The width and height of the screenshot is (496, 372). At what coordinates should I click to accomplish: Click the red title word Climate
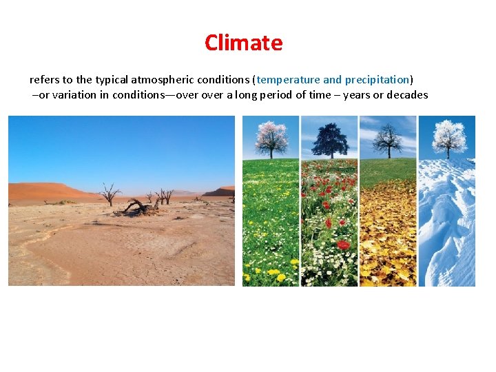[x=243, y=43]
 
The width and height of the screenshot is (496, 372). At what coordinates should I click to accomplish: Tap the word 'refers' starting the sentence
[x=43, y=80]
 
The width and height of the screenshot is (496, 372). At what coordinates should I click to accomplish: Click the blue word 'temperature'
[x=288, y=80]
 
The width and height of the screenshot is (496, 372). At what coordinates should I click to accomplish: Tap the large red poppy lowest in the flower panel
[x=342, y=245]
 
